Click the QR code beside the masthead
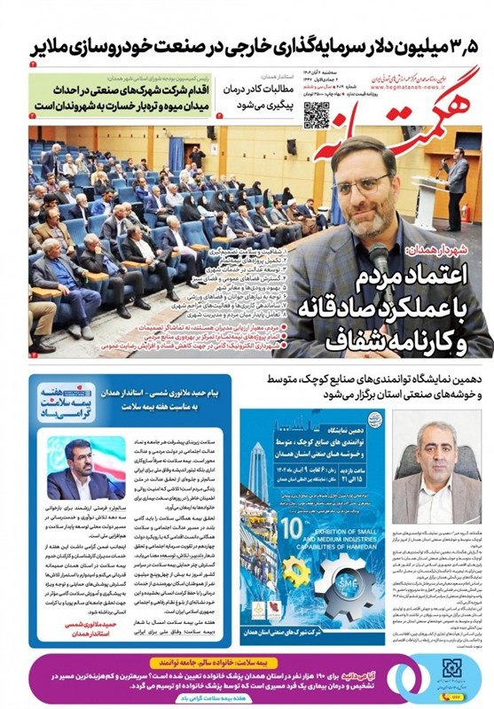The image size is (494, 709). tap(317, 114)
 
